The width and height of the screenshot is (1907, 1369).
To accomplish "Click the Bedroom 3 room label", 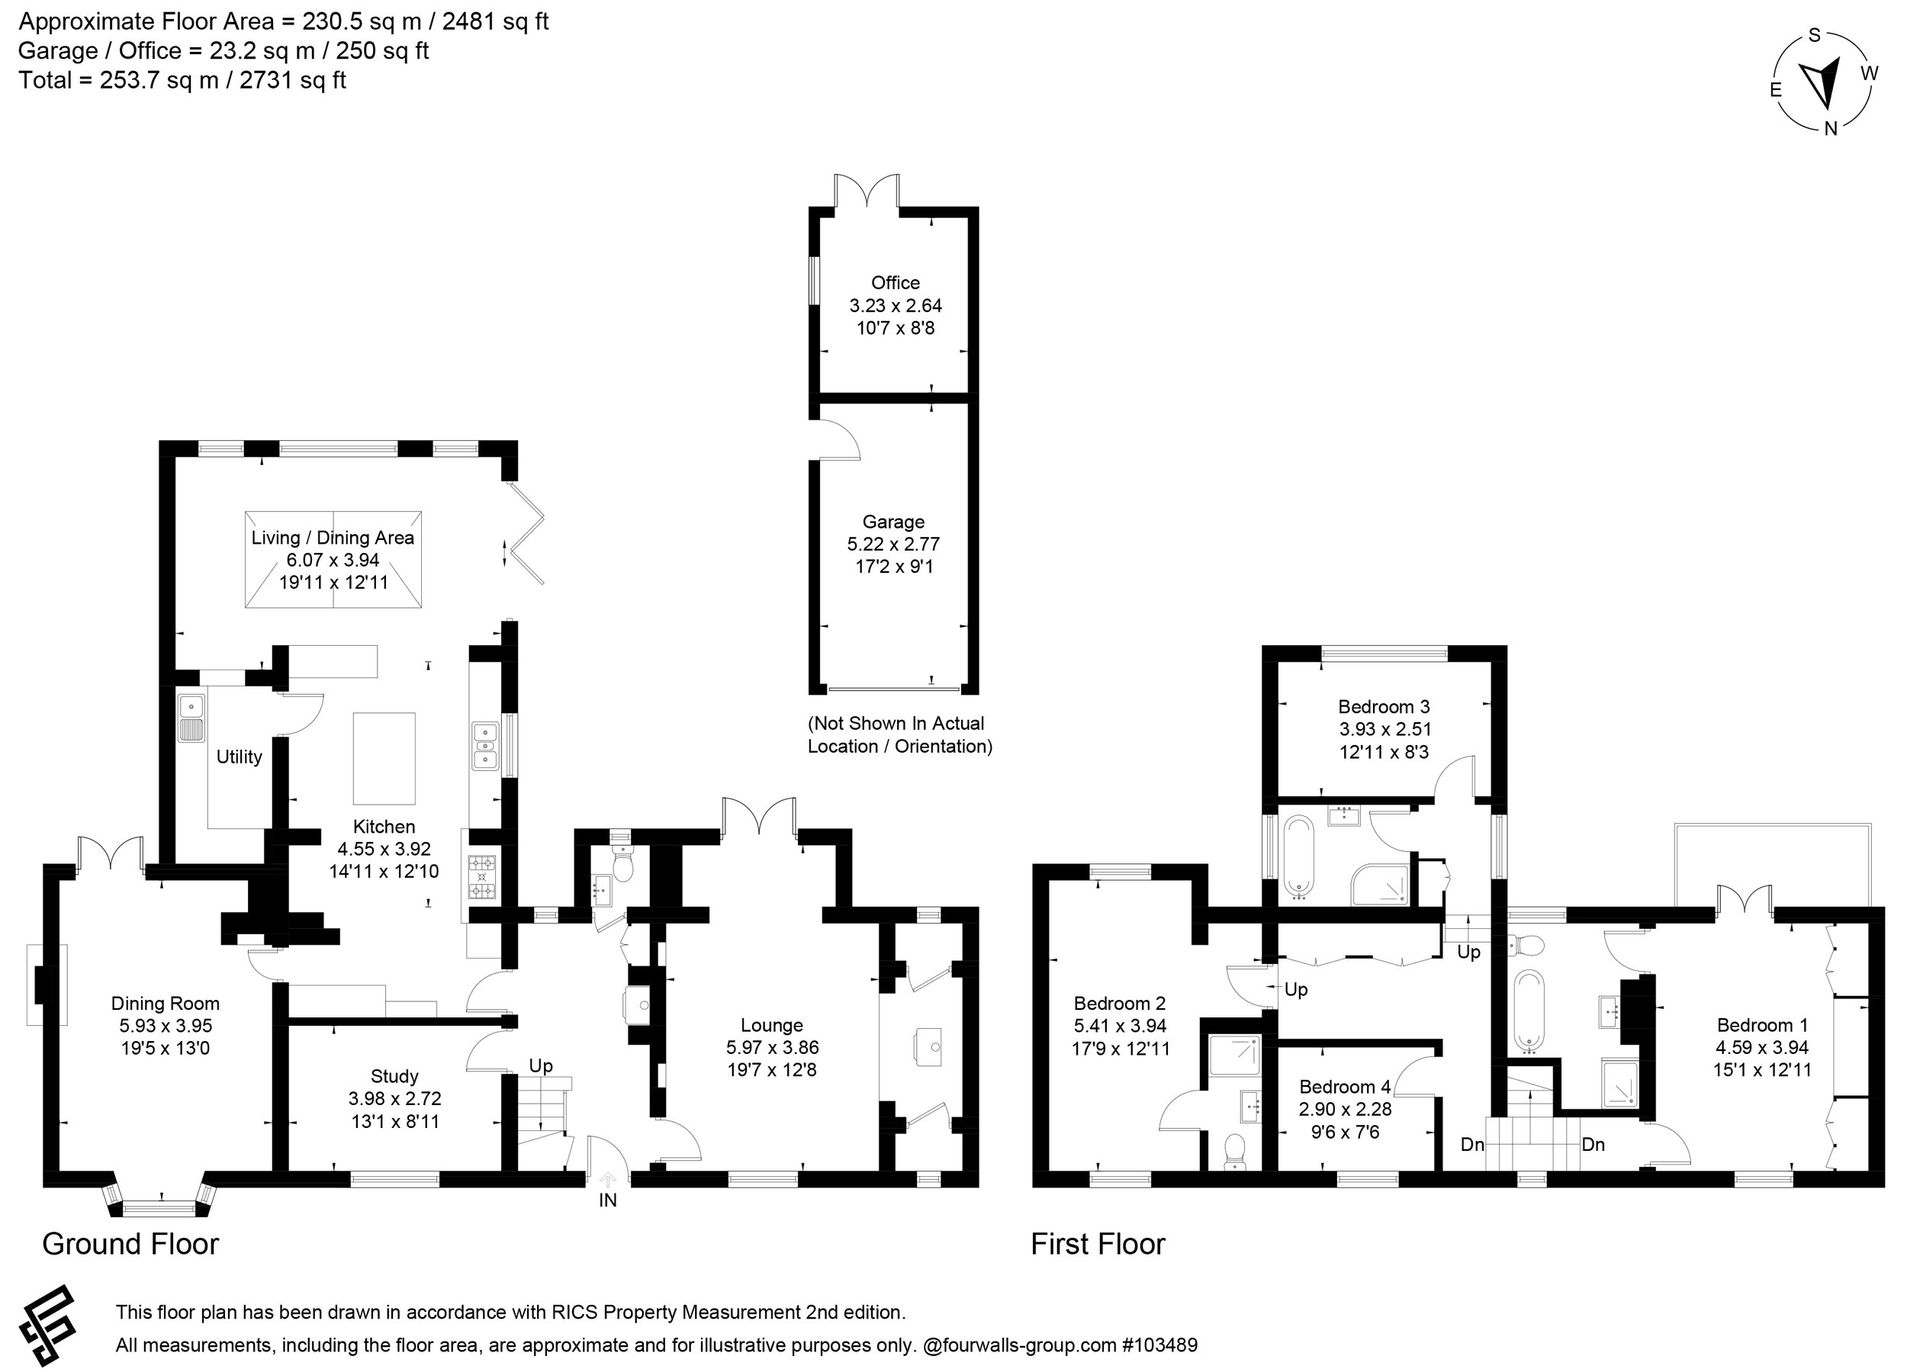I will coord(1383,706).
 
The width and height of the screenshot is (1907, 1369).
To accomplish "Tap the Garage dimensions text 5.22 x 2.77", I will coord(893,544).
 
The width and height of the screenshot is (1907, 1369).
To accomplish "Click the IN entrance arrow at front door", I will coord(608,1181).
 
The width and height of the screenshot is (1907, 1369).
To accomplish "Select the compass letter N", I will coord(1830,129).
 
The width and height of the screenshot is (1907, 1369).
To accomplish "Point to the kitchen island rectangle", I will coord(384,759).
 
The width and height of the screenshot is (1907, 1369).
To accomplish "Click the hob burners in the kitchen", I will coord(483,877).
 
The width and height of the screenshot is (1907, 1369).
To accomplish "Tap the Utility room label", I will coord(239,757).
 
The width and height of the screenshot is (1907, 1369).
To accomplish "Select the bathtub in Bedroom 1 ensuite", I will coord(1529,1011).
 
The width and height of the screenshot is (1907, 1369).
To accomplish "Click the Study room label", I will coord(394,1076).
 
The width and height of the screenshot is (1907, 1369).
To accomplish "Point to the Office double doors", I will coord(866,190).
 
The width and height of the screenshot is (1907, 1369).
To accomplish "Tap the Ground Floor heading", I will coord(130,1244).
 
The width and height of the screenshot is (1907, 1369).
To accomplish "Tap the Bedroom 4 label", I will coord(1345,1087).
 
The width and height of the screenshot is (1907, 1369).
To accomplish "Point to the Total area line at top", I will coord(182,81).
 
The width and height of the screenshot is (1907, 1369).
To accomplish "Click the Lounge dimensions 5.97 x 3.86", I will coord(772,1048).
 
